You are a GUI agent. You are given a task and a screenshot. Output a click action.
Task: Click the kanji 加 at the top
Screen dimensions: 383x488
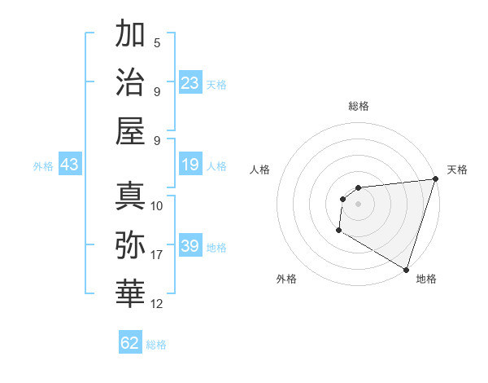tap(130, 35)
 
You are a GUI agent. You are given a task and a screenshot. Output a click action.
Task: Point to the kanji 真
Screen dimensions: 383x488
tap(130, 196)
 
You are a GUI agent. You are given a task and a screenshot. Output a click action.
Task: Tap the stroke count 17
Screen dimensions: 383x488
tap(157, 255)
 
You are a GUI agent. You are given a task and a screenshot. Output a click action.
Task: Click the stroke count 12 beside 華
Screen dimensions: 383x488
tap(157, 304)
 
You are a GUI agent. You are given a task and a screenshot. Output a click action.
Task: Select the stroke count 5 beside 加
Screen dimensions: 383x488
tap(157, 43)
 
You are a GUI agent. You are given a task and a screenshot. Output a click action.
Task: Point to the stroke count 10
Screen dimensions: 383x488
tap(157, 205)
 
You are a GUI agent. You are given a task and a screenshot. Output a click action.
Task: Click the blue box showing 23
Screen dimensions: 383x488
tap(190, 82)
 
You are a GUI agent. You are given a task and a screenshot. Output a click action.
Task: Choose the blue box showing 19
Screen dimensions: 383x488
tap(190, 165)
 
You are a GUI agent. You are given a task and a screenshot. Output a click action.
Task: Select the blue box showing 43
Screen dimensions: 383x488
tap(69, 165)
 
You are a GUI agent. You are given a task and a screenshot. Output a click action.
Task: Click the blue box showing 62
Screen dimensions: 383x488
tap(130, 343)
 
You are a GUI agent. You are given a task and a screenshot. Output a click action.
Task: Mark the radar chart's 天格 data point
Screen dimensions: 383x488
tap(436, 180)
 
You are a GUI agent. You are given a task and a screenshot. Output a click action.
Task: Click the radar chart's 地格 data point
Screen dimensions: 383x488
tap(406, 269)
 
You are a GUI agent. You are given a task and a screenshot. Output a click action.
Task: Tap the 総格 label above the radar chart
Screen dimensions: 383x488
tap(358, 106)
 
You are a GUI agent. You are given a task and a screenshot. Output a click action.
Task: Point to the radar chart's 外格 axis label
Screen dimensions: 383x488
tap(286, 279)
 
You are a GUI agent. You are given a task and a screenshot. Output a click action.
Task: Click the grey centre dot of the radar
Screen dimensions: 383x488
tap(358, 204)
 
